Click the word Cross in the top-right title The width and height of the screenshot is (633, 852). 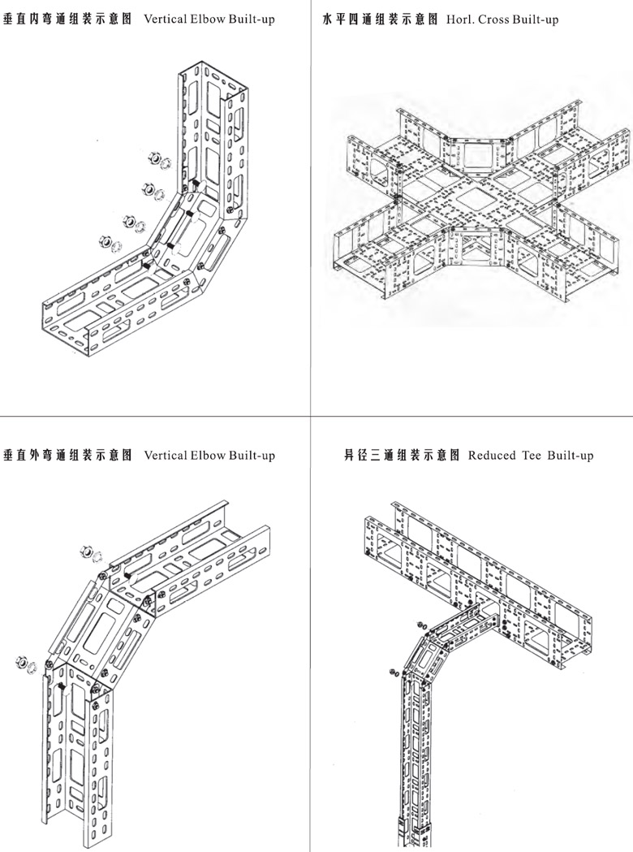point(497,19)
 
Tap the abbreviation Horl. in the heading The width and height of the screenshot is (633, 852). point(460,19)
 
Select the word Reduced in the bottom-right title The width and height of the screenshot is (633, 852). point(492,455)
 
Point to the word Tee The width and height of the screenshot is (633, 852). point(531,455)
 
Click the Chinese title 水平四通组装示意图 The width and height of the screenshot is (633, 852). point(381,19)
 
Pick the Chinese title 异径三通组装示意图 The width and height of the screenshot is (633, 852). point(403,455)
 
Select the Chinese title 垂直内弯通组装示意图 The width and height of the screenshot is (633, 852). point(69,19)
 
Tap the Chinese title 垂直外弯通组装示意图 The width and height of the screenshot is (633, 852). point(69,455)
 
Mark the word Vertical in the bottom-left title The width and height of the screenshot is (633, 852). point(166,455)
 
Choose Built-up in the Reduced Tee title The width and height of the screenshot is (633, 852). point(571,455)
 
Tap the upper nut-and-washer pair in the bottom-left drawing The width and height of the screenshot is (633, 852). point(90,555)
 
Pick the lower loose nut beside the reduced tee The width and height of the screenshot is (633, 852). point(393,673)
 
